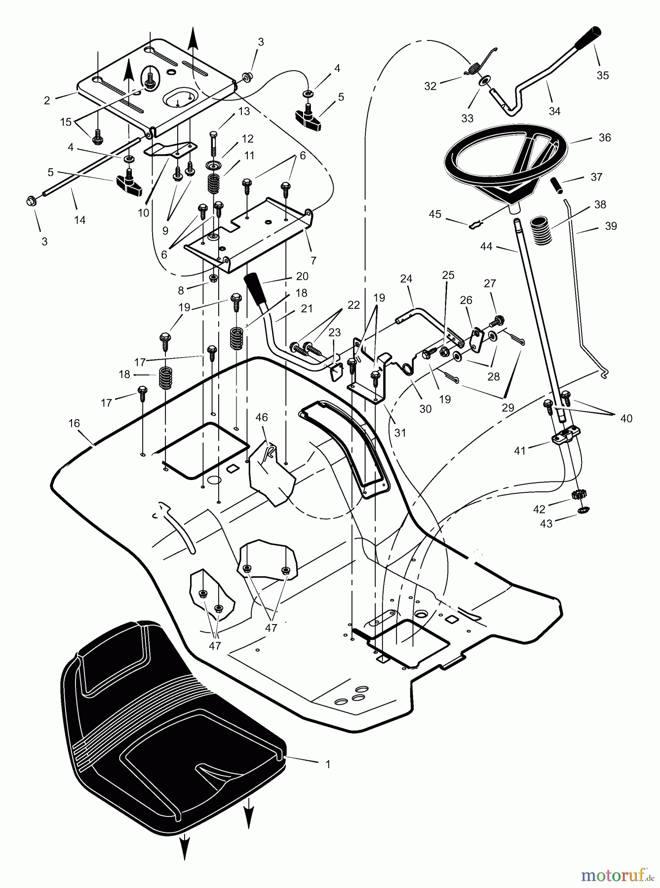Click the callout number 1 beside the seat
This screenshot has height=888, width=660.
328,765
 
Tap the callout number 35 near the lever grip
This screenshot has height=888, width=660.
602,75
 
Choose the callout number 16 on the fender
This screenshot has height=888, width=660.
74,423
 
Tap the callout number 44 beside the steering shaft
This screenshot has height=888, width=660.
486,246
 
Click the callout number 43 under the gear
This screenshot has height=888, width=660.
546,524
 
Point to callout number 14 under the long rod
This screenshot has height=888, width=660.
79,220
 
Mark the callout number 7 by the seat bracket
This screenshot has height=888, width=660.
313,260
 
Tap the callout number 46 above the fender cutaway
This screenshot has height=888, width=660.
261,417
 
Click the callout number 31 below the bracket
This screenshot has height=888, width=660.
400,432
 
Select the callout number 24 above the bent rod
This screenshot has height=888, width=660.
406,279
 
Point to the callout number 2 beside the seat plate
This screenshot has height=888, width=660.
47,101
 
